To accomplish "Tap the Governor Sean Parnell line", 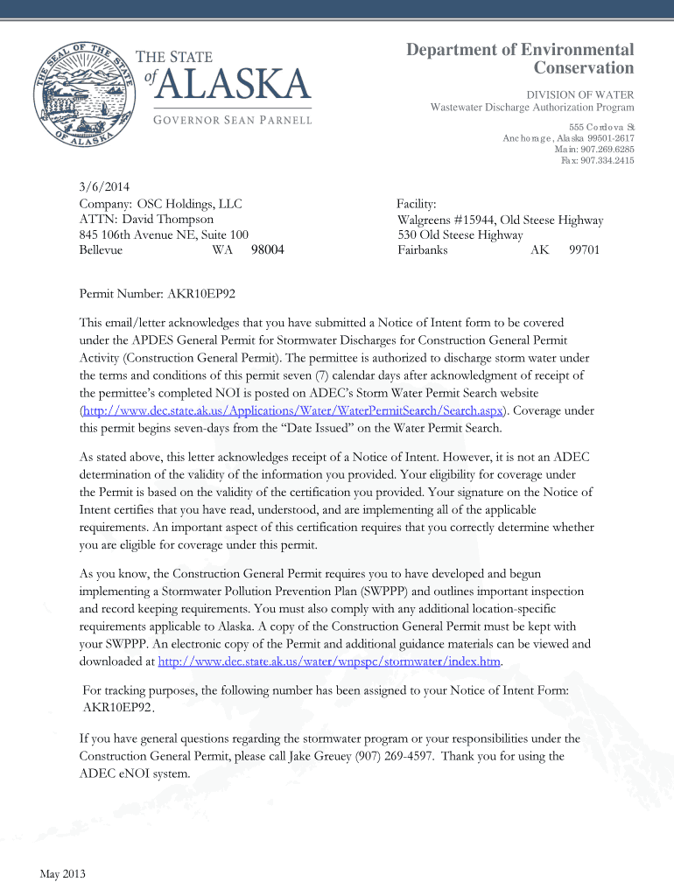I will pos(222,119).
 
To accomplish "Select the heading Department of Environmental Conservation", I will pos(520,59).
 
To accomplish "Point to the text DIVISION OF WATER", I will pos(579,94).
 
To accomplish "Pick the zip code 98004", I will pos(268,249).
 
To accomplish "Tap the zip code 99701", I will pos(584,249).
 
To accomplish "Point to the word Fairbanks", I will pos(423,249).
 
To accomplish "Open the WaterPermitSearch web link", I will pos(291,410).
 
